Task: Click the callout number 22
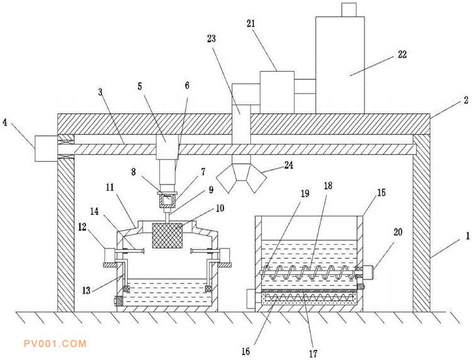tap(402, 54)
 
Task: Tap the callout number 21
tap(251, 23)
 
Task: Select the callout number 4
tap(5, 123)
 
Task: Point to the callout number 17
tap(313, 353)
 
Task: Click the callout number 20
tap(398, 232)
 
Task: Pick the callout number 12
tap(82, 227)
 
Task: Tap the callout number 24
tap(289, 165)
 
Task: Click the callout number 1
tap(468, 236)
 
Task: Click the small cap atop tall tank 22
tap(349, 9)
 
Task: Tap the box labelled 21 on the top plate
tap(277, 93)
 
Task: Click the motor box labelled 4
tap(46, 149)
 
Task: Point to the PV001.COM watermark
tap(55, 344)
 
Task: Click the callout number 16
tap(246, 351)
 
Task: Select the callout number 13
tap(86, 291)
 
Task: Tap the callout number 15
tap(381, 193)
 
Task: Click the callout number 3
tap(101, 91)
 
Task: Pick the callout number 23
tap(211, 38)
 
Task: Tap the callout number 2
tap(466, 100)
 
